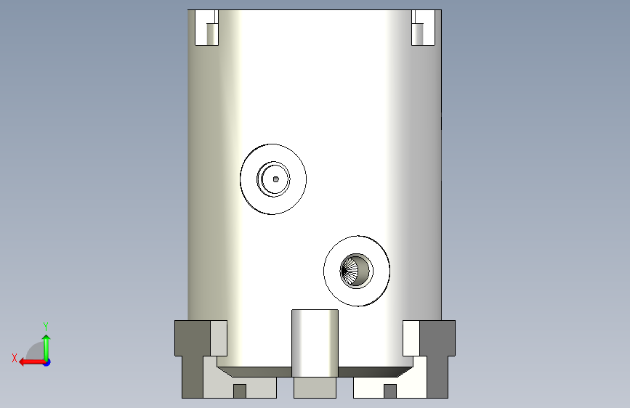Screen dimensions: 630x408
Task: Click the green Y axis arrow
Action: click(47, 348)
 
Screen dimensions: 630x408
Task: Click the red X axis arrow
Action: click(32, 362)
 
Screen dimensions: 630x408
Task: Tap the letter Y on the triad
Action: click(46, 326)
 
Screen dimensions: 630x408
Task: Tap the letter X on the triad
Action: click(15, 358)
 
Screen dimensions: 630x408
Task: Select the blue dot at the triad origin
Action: click(47, 362)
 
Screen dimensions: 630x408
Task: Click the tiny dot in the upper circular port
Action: click(275, 179)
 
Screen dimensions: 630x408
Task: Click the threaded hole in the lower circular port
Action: click(356, 271)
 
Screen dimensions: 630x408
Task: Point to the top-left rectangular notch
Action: click(206, 28)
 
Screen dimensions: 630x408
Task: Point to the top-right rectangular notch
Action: click(423, 28)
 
